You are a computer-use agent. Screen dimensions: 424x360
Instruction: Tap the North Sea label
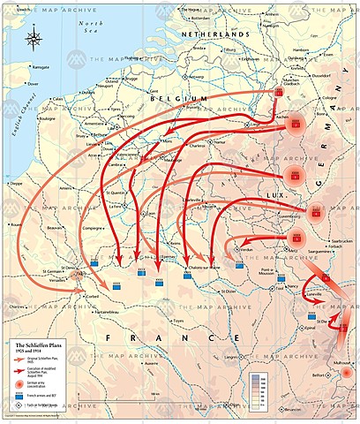coord(86,26)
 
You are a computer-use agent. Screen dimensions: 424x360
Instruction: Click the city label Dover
coord(34,85)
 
